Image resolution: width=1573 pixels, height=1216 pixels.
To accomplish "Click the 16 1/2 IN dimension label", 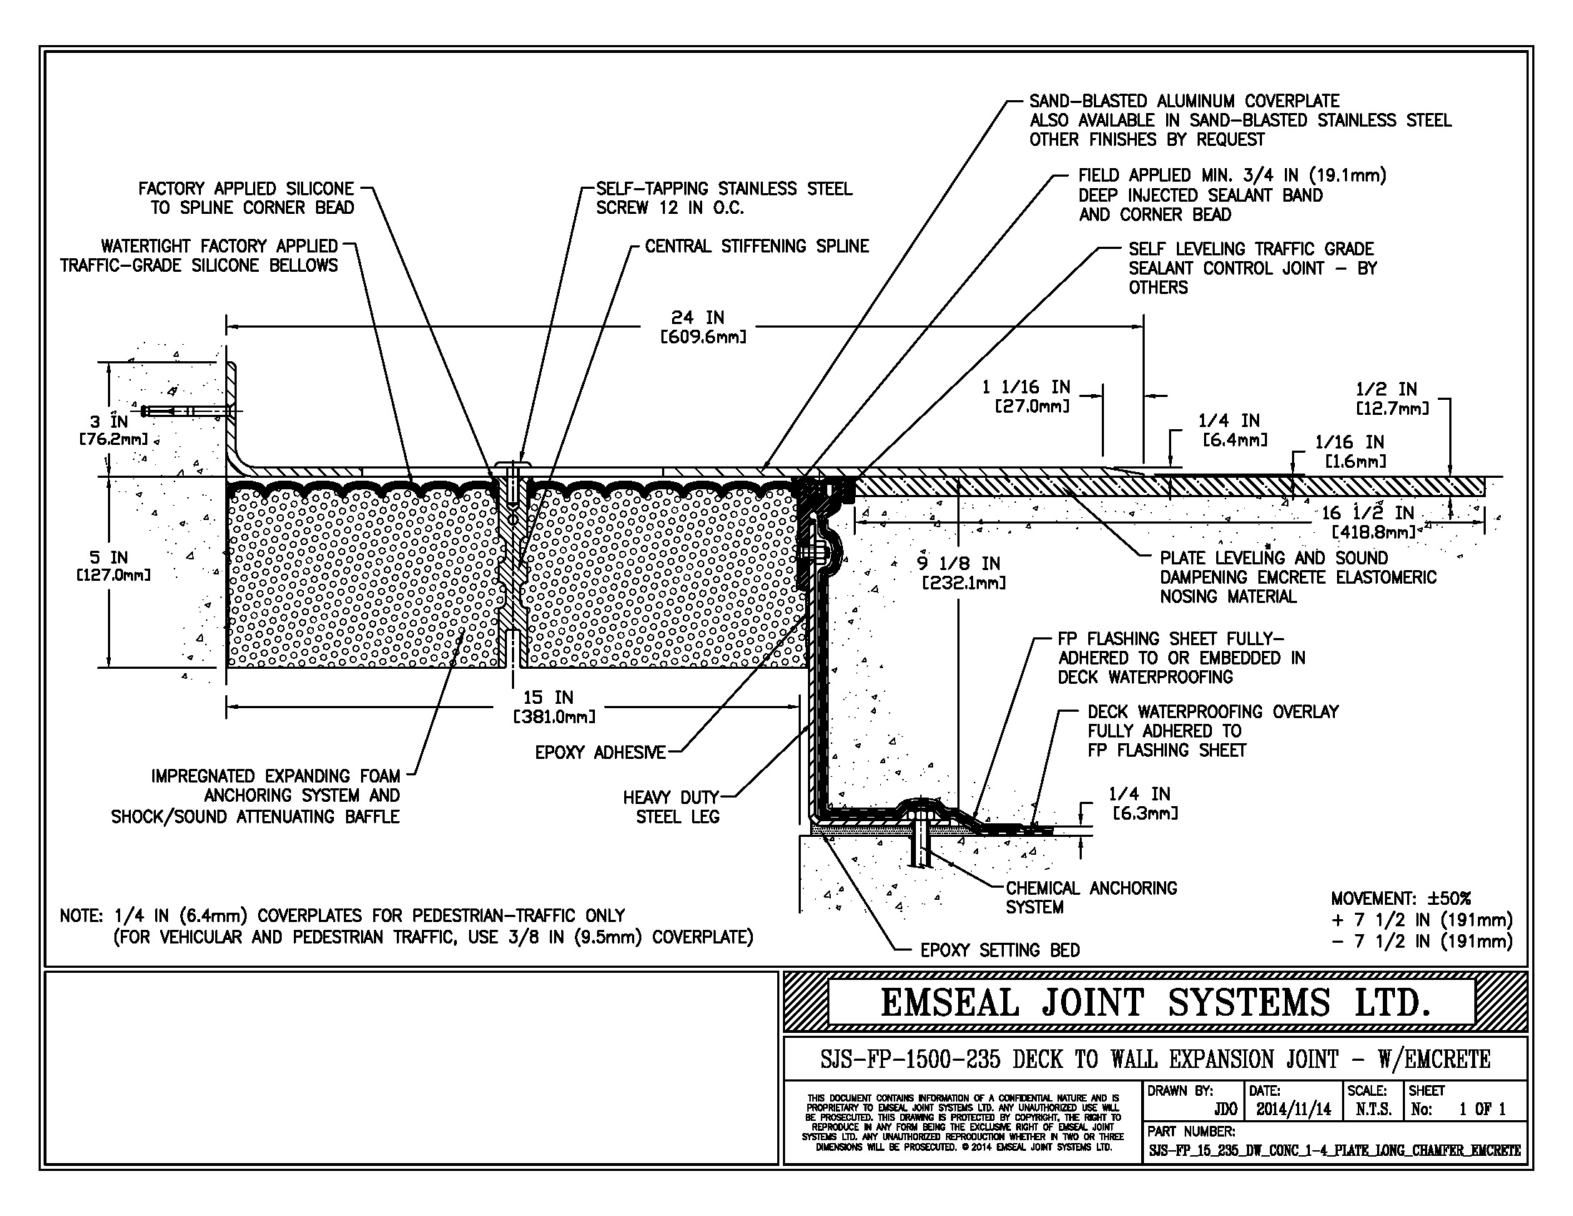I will tap(1368, 522).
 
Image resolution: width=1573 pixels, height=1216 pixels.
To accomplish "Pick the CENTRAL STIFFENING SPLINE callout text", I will tap(756, 246).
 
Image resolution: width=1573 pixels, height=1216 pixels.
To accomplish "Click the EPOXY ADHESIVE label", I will tap(600, 752).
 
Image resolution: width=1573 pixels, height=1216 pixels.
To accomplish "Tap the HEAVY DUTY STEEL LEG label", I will tap(671, 807).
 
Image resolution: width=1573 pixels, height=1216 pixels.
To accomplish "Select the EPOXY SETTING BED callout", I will tap(1000, 951).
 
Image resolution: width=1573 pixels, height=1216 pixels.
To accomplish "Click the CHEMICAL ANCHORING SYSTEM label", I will tap(1090, 898).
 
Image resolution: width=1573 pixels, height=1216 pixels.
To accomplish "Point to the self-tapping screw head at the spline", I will tap(512, 463).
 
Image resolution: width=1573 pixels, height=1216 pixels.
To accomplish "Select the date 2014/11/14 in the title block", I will tap(1293, 1110).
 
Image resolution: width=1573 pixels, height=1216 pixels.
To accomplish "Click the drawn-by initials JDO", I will tap(1225, 1110).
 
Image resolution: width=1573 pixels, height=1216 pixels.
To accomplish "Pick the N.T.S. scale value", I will tap(1373, 1110).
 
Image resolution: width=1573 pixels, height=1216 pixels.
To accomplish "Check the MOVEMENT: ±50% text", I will tap(1400, 899).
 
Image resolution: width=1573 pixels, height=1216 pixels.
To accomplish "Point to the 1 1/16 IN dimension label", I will tap(1025, 396).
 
